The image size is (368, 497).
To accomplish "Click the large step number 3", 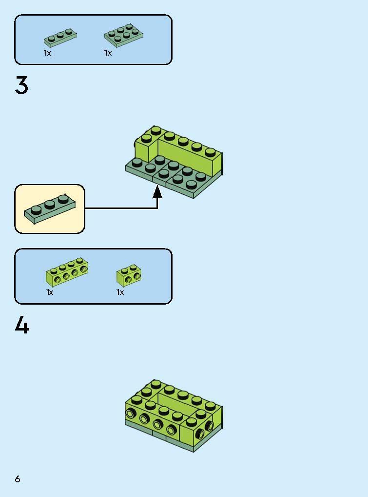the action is click(x=21, y=85).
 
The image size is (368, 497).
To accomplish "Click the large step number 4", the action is click(x=22, y=325).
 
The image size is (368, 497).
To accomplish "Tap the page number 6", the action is click(x=18, y=478).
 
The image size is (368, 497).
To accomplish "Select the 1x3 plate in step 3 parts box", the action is click(x=60, y=38).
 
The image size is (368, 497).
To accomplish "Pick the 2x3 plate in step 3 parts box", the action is click(x=124, y=36).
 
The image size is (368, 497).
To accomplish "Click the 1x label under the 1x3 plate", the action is click(x=47, y=53).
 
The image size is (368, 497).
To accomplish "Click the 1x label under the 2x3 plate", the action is click(x=108, y=53).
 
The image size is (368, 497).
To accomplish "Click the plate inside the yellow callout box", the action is click(x=50, y=209).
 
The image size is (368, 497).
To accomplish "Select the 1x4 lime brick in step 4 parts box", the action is click(x=67, y=272).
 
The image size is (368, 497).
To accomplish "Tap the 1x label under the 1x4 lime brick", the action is click(x=50, y=292).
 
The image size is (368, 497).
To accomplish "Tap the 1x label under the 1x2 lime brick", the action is click(x=120, y=292).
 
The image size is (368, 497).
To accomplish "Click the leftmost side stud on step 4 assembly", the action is click(x=130, y=414).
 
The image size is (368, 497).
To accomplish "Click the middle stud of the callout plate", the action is click(x=50, y=205).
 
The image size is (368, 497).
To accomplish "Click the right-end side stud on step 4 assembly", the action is click(x=209, y=426).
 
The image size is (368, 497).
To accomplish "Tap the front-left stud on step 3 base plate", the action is click(x=137, y=163).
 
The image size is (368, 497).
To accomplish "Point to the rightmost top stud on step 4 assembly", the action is click(x=211, y=406).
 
